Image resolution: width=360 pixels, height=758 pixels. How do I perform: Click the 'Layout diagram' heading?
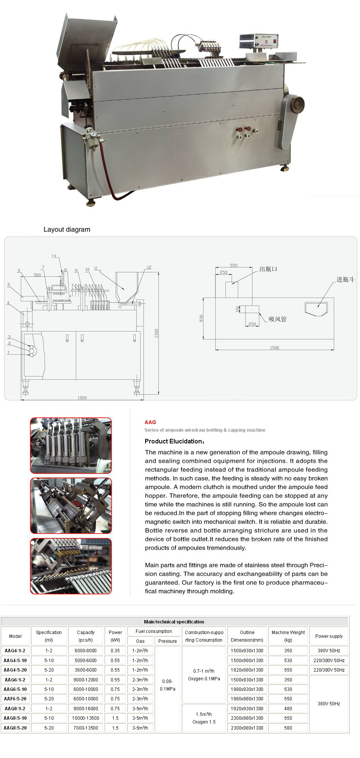(67, 229)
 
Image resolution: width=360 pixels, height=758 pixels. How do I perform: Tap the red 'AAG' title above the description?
(150, 422)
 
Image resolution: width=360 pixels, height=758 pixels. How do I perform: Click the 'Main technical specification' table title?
(174, 622)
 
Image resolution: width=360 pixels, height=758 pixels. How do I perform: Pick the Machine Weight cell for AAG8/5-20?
(288, 728)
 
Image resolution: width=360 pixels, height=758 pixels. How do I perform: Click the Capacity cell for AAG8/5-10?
(86, 718)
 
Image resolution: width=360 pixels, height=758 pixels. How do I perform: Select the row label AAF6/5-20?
(15, 698)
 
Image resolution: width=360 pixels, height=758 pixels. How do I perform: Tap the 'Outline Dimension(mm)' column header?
(247, 636)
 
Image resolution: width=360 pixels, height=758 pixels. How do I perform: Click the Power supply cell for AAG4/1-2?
(329, 650)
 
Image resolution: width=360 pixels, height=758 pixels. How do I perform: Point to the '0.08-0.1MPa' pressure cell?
(167, 685)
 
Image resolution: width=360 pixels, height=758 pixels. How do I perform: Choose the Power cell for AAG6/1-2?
(115, 680)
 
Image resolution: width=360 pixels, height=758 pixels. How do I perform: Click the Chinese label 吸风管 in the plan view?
(277, 319)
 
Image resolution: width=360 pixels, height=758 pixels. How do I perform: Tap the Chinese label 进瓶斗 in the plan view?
(345, 279)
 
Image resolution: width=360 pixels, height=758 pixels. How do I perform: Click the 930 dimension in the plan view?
(201, 318)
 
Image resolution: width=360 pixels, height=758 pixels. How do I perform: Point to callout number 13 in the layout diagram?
(54, 256)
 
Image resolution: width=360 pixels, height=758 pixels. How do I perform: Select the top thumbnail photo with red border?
(71, 445)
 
